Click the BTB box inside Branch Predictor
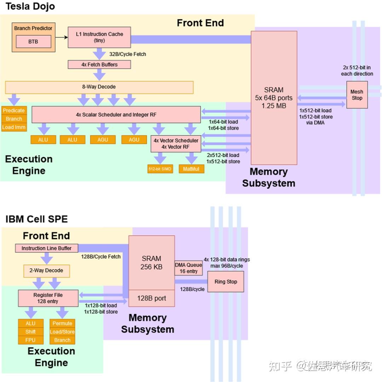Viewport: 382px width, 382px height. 33,42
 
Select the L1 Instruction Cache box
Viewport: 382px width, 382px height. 99,37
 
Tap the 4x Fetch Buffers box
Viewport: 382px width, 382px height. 99,65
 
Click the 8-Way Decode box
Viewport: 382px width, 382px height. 99,87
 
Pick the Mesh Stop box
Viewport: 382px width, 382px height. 357,95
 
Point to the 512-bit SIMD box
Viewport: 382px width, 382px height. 160,169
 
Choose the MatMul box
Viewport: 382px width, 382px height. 191,169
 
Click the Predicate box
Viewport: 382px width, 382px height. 14,110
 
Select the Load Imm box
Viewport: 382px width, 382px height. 14,127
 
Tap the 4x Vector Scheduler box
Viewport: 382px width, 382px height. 176,144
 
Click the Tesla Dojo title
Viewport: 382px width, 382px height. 30,6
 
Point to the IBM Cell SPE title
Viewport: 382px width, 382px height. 36,219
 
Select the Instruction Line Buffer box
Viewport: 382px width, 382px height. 46,248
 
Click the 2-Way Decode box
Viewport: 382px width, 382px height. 46,271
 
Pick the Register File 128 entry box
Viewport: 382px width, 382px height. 48,298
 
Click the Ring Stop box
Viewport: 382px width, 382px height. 226,282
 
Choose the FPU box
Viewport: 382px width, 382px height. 30,340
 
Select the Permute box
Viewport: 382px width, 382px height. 62,323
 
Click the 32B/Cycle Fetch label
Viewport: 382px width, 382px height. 127,54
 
